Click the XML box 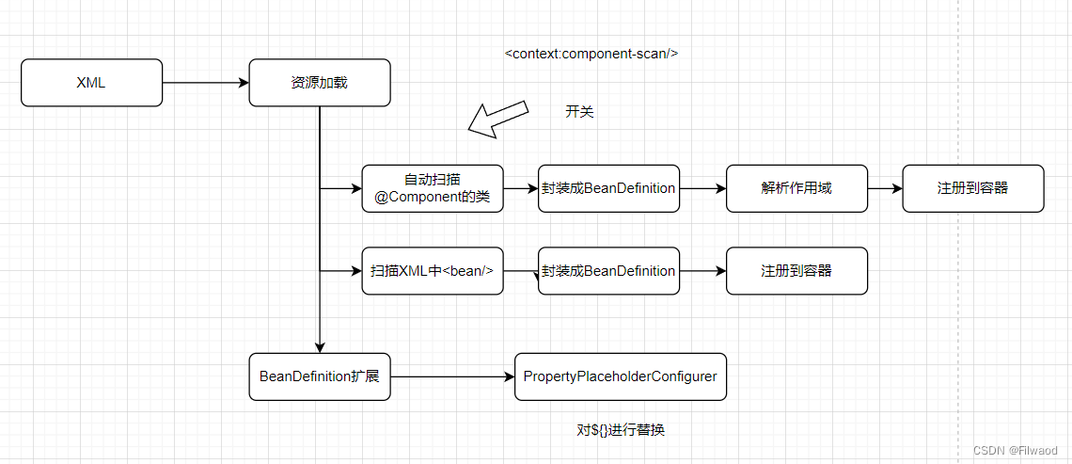(x=91, y=83)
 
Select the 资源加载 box (x=319, y=83)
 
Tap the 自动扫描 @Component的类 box (x=433, y=188)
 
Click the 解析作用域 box (x=796, y=188)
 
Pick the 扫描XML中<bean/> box (x=433, y=271)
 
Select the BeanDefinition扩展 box (x=319, y=376)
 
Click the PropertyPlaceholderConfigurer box (x=620, y=376)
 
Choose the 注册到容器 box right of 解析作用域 (x=972, y=188)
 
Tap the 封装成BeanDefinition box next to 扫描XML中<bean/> (x=608, y=271)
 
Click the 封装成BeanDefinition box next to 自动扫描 (x=608, y=188)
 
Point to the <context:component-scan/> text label (x=591, y=54)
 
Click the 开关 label (x=579, y=112)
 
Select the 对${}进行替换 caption (x=621, y=430)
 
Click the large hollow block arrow (x=499, y=120)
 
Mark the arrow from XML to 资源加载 (x=205, y=83)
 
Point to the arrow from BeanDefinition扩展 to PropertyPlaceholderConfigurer (x=452, y=376)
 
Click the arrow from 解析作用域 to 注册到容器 (x=884, y=188)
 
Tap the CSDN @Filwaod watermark (x=1015, y=451)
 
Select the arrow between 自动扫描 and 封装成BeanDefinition (x=521, y=188)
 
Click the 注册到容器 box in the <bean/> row (x=796, y=271)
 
